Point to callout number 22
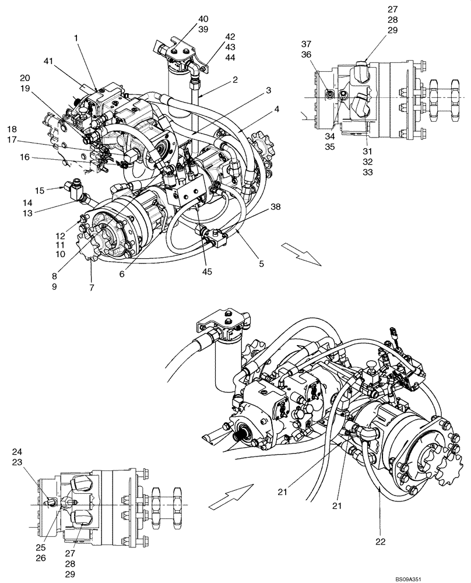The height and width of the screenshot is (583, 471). pos(380,542)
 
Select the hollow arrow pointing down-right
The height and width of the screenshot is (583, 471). pos(301,255)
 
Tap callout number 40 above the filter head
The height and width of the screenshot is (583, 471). pos(203,19)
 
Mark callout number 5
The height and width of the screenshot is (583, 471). pos(261,264)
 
